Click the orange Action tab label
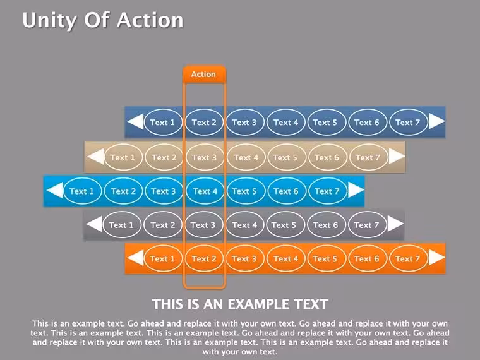coord(204,74)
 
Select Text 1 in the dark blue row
coord(163,123)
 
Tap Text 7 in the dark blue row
coord(408,123)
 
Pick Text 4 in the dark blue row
coord(286,123)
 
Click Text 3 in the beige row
coord(205,158)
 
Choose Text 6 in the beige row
coord(327,158)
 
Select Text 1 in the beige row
coord(123,158)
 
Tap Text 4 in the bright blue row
coord(205,191)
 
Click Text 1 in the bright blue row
coord(82,191)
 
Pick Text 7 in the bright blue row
coord(328,191)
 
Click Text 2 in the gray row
coord(162,225)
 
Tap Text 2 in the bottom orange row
coord(204,259)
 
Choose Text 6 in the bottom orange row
coord(367,259)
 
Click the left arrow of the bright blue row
coord(56,190)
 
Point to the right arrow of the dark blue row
coord(436,121)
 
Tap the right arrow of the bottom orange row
coord(436,258)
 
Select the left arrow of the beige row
coord(96,157)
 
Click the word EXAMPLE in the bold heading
coord(258,304)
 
